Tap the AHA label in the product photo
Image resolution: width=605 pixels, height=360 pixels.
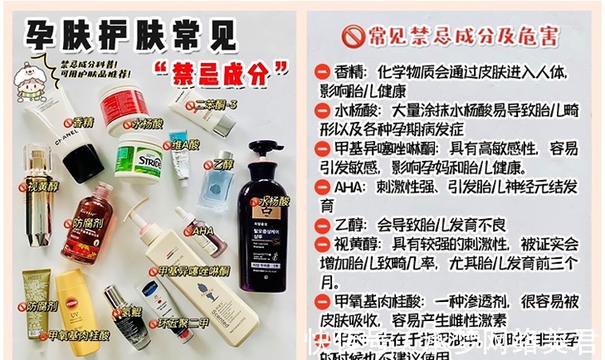(x=202, y=231)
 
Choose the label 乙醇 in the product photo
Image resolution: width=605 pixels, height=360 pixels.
(x=222, y=164)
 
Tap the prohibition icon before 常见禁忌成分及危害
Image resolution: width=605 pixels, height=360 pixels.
(x=354, y=36)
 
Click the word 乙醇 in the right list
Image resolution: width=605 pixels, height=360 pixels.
(x=351, y=225)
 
